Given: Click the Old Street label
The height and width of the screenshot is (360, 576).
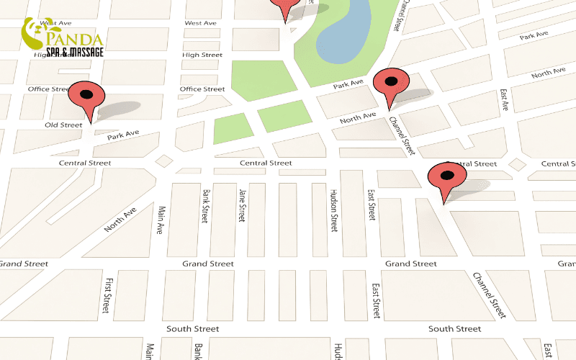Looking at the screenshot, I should pos(64,125).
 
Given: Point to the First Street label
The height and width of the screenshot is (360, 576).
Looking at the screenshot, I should pos(107,295).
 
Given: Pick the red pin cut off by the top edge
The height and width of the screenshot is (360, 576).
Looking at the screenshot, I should pos(286,7).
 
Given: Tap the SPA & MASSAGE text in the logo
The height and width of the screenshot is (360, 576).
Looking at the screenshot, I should pos(75,52).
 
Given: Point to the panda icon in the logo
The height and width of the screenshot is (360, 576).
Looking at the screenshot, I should pos(35,32).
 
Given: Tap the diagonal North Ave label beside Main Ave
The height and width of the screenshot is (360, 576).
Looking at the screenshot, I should pos(120,219).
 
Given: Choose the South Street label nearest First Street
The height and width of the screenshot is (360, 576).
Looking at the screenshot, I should pos(192,328).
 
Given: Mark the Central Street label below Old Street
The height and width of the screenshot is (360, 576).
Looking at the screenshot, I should pos(85,163).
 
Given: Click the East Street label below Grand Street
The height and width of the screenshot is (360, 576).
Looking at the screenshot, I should pos(376,300).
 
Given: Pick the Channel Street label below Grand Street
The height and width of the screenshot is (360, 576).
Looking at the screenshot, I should pos(490,295).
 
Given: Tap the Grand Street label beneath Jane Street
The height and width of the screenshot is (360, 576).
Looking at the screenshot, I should pos(207,264).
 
